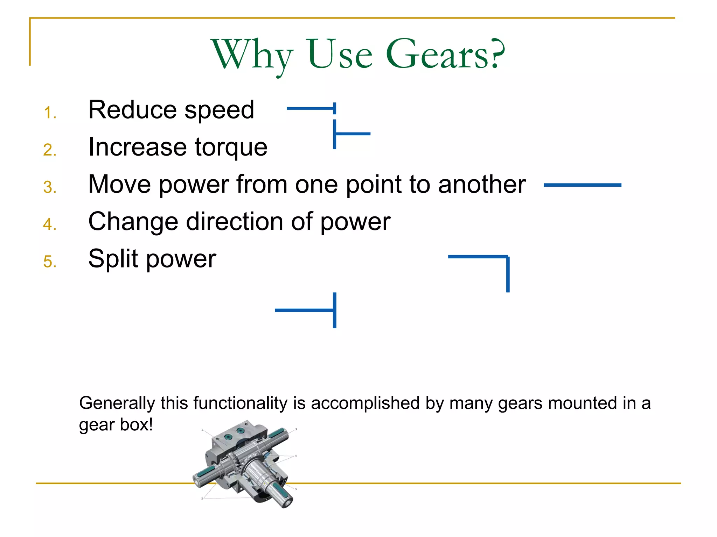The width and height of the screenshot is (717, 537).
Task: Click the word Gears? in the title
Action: pyautogui.click(x=445, y=55)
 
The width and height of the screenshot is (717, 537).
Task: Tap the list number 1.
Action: pyautogui.click(x=50, y=113)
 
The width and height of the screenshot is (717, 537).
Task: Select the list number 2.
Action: pyautogui.click(x=50, y=150)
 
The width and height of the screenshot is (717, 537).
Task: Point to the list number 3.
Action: pyautogui.click(x=50, y=187)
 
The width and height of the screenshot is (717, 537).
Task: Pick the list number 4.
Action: pyautogui.click(x=50, y=224)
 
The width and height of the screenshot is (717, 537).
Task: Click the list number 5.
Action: pyautogui.click(x=50, y=262)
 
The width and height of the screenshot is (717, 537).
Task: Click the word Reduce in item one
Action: pyautogui.click(x=132, y=110)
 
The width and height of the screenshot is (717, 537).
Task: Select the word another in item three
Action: pyautogui.click(x=482, y=184)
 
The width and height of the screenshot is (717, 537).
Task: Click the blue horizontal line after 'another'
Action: pyautogui.click(x=582, y=185)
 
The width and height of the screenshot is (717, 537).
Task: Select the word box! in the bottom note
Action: pyautogui.click(x=136, y=425)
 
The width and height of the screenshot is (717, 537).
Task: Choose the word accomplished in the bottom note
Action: pyautogui.click(x=365, y=403)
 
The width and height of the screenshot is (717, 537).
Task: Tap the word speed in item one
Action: pyautogui.click(x=219, y=110)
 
